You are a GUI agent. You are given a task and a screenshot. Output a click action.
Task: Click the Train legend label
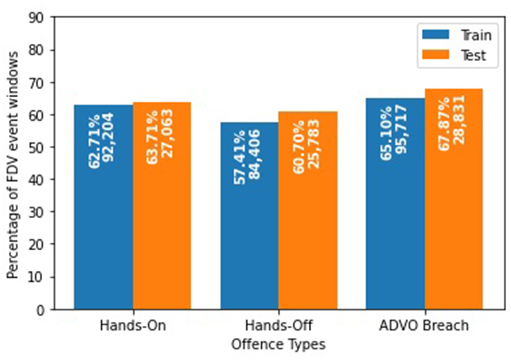476,35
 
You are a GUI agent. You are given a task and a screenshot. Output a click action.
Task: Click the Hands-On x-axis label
132,326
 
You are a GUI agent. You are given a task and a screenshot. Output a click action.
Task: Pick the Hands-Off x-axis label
278,326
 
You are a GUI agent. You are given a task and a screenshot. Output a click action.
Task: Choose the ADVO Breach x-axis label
424,326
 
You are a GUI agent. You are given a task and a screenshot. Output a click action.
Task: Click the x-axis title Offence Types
278,344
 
